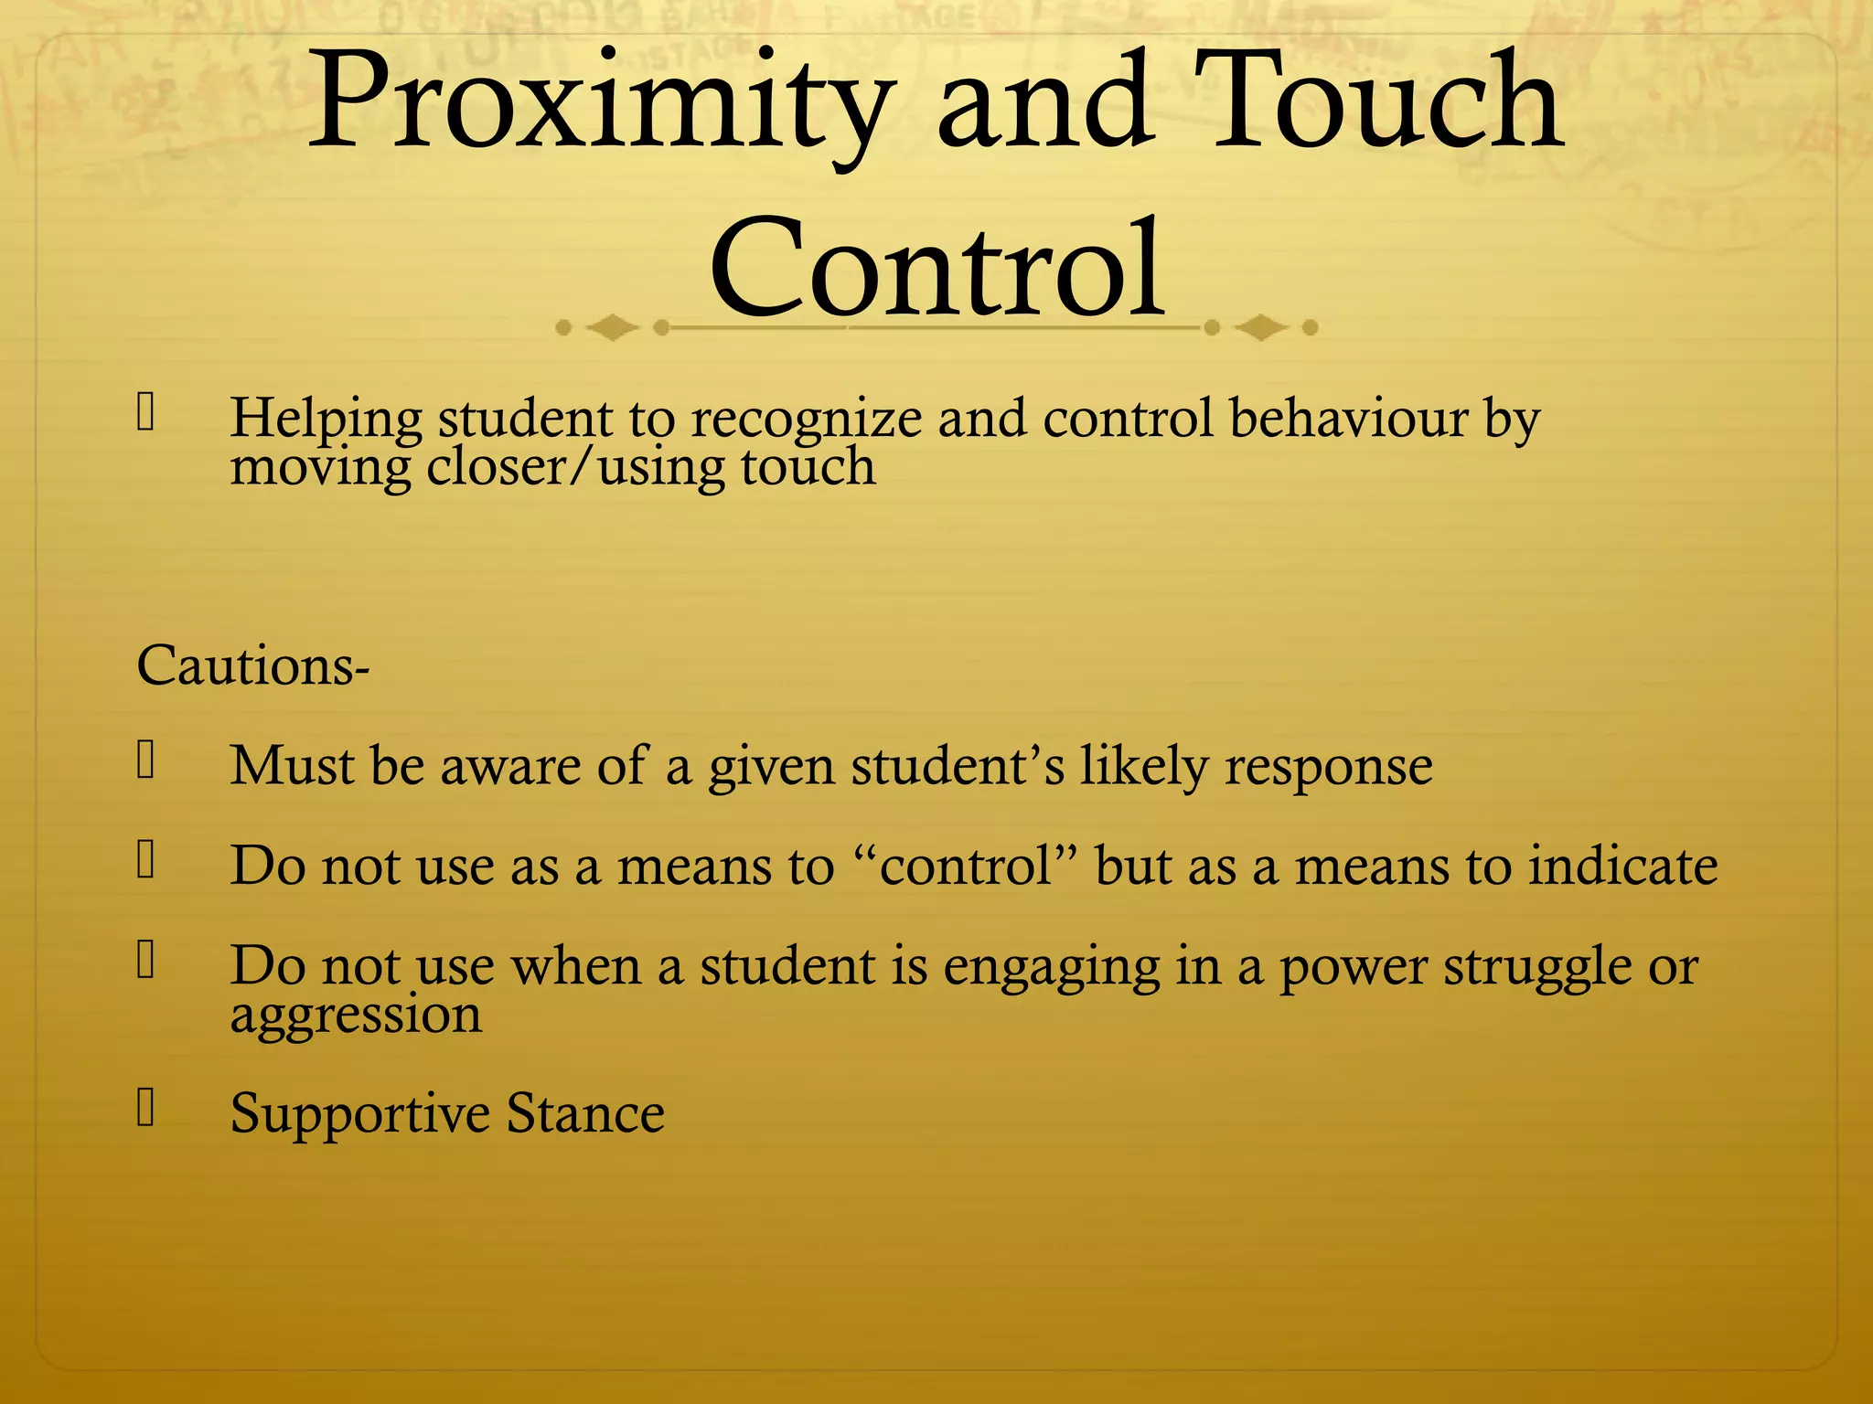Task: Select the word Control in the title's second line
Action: point(936,270)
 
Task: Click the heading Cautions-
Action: point(252,665)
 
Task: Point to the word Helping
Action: point(326,419)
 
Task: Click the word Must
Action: point(291,765)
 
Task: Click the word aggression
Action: point(356,1015)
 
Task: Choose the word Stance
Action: point(585,1113)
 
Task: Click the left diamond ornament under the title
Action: point(611,326)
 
